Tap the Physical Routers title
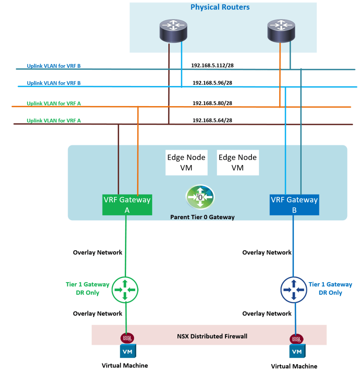220,7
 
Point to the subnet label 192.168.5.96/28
212,83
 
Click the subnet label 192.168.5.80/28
212,103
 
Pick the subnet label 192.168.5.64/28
212,120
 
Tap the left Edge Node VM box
186,163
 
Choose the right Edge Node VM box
238,163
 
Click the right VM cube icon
297,352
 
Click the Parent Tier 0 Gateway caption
202,217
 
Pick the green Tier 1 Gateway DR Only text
87,288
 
